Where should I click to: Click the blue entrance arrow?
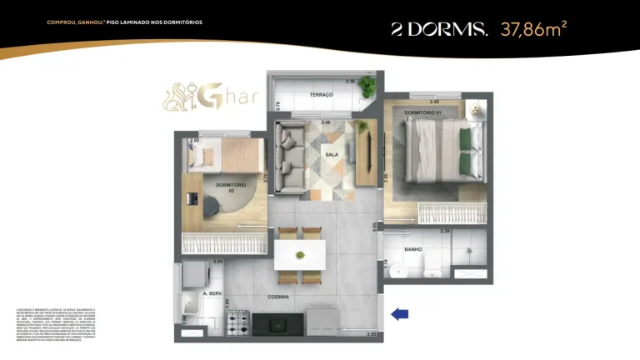click(401, 313)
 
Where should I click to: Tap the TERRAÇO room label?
click(321, 95)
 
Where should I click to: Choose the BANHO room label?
click(412, 249)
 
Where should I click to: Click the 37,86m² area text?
click(533, 30)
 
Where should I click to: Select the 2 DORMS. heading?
click(439, 30)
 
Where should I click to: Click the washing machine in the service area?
click(193, 274)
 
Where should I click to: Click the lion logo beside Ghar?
click(181, 101)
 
